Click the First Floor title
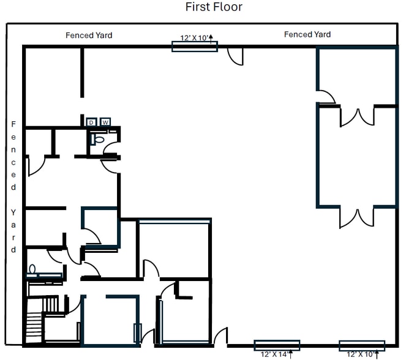pyautogui.click(x=214, y=7)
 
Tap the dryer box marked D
pyautogui.click(x=91, y=122)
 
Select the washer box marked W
pyautogui.click(x=105, y=122)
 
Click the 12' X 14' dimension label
pyautogui.click(x=274, y=354)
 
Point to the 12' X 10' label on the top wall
pyautogui.click(x=194, y=38)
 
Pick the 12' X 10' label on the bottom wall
pyautogui.click(x=361, y=354)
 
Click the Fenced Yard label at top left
pyautogui.click(x=89, y=35)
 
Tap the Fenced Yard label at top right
pyautogui.click(x=307, y=34)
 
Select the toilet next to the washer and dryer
pyautogui.click(x=97, y=140)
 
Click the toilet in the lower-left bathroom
pyautogui.click(x=32, y=269)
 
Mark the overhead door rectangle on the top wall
pyautogui.click(x=195, y=47)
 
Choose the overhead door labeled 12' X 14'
pyautogui.click(x=277, y=345)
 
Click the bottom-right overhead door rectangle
pyautogui.click(x=362, y=346)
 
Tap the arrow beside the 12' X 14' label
pyautogui.click(x=291, y=354)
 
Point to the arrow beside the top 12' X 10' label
pyautogui.click(x=211, y=39)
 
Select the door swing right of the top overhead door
pyautogui.click(x=235, y=56)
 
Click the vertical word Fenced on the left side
pyautogui.click(x=13, y=156)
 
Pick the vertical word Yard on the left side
pyautogui.click(x=13, y=231)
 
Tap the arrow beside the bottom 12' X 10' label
pyautogui.click(x=377, y=354)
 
